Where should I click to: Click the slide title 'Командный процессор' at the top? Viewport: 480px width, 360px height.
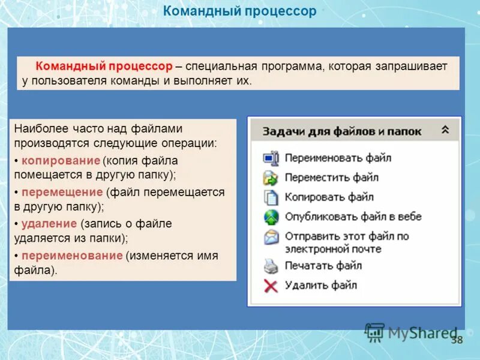tap(240, 11)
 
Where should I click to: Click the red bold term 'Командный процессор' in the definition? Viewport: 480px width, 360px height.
tap(104, 66)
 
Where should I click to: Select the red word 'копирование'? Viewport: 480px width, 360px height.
tap(61, 161)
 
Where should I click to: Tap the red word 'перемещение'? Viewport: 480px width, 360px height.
tap(62, 192)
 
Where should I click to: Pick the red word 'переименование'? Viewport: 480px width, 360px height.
tap(71, 256)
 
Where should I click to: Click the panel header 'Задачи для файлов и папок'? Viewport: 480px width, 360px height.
tap(342, 131)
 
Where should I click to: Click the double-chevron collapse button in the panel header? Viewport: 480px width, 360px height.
tap(445, 130)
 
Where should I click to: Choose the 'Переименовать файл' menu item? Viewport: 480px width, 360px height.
tap(337, 158)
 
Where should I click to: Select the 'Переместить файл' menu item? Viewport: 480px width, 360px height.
tap(331, 178)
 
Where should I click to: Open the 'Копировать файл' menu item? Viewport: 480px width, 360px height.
tap(329, 197)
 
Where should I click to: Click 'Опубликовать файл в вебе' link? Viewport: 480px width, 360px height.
tap(353, 217)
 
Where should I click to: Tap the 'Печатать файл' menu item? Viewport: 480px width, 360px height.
tap(323, 265)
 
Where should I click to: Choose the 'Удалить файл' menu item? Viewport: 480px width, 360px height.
tap(320, 285)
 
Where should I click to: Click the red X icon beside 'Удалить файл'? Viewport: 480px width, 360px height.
tap(271, 286)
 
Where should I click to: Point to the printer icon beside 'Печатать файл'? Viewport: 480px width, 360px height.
tap(271, 266)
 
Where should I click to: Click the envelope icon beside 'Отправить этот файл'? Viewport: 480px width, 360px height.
tap(271, 237)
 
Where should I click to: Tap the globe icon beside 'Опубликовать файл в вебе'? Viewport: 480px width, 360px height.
tap(271, 217)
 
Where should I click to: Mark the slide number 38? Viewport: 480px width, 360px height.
tap(457, 340)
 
